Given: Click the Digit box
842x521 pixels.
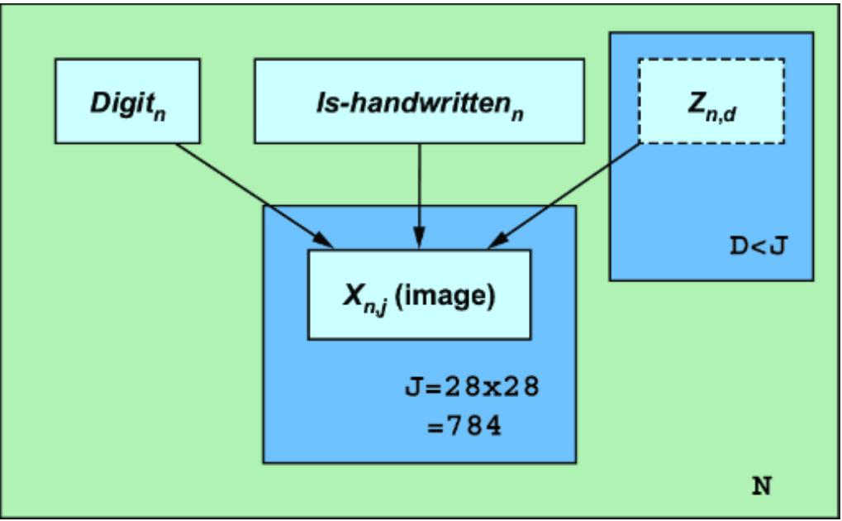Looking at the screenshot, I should click(127, 100).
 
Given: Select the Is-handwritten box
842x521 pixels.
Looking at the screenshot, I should click(419, 100).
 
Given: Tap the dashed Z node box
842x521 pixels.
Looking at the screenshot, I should click(711, 100).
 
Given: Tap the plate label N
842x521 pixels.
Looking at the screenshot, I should click(761, 485).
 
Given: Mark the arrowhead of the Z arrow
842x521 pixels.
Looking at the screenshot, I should click(498, 241).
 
